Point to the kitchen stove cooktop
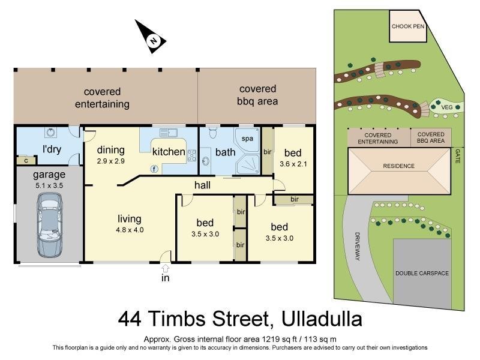pos(193,155)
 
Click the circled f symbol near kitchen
pos(154,169)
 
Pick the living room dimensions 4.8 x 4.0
pos(129,229)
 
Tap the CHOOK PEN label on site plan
pos(408,27)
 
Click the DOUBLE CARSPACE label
pos(422,273)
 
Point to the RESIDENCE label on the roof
pos(399,166)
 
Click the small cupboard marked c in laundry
pos(26,160)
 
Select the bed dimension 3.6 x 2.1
pos(293,162)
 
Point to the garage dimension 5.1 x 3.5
pos(49,186)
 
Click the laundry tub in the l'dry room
pos(50,134)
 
